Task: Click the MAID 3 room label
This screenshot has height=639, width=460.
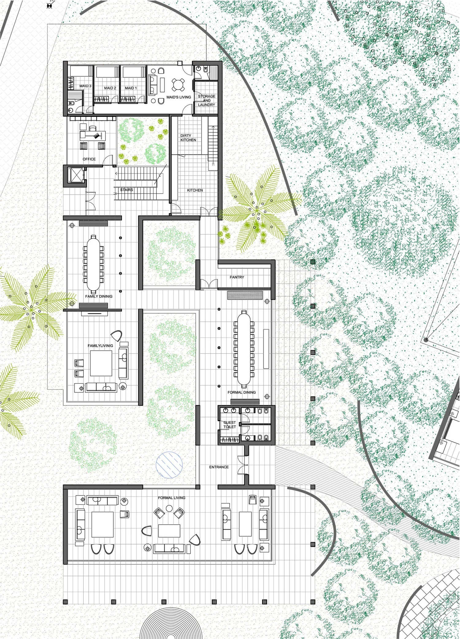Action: (x=85, y=86)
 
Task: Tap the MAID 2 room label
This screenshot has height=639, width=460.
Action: (x=110, y=88)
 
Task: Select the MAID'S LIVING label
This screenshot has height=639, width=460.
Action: (x=179, y=97)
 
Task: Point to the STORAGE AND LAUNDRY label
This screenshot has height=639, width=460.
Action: (x=207, y=101)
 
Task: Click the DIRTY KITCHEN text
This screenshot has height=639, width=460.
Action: (x=188, y=138)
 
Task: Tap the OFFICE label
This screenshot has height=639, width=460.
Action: (x=89, y=159)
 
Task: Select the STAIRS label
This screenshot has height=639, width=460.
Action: (x=127, y=190)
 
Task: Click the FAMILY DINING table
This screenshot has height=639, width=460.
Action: (x=93, y=263)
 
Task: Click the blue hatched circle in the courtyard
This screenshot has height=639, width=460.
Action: (x=169, y=465)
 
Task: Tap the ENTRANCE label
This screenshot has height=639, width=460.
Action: (x=219, y=467)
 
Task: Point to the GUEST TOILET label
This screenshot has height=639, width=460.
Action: (x=230, y=425)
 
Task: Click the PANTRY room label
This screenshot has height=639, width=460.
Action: (x=237, y=277)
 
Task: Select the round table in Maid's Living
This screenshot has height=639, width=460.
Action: (x=178, y=85)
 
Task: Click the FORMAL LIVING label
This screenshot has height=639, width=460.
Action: (x=172, y=498)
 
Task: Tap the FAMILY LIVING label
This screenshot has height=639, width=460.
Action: (x=100, y=346)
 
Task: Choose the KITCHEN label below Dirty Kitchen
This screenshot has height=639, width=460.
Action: (x=195, y=190)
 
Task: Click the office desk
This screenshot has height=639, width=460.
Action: (x=93, y=135)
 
